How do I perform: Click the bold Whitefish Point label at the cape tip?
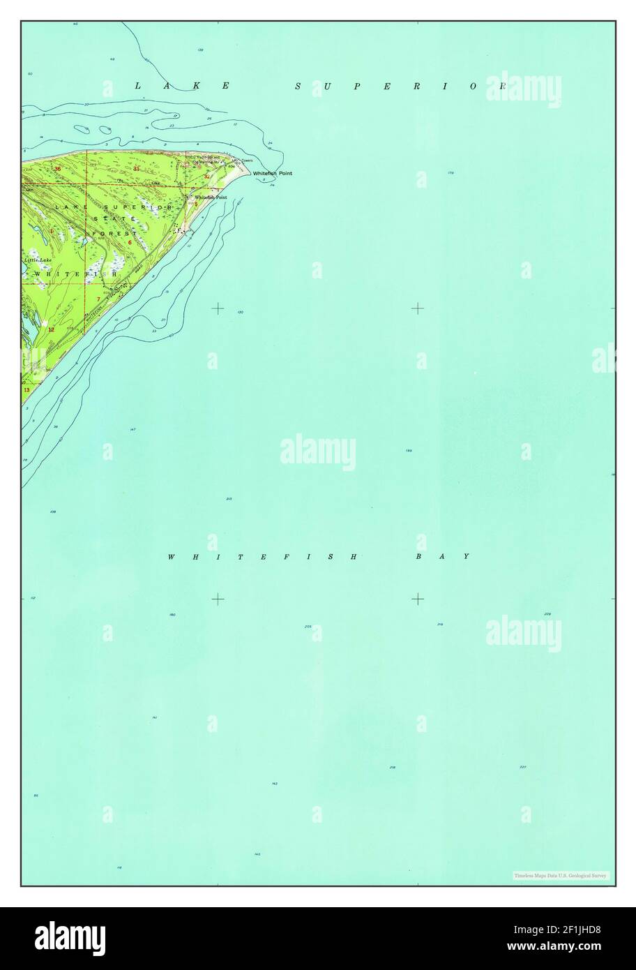(268, 173)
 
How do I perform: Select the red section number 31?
(137, 169)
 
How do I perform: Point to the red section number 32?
(206, 177)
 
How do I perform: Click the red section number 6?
(130, 242)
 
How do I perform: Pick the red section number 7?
(98, 299)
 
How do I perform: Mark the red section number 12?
(51, 329)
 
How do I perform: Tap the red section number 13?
(26, 390)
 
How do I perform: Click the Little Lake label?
(38, 260)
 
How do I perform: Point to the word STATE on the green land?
(115, 219)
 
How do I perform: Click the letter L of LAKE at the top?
(137, 86)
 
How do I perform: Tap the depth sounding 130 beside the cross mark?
(240, 312)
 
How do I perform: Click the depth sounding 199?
(409, 451)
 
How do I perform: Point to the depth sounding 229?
(547, 614)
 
